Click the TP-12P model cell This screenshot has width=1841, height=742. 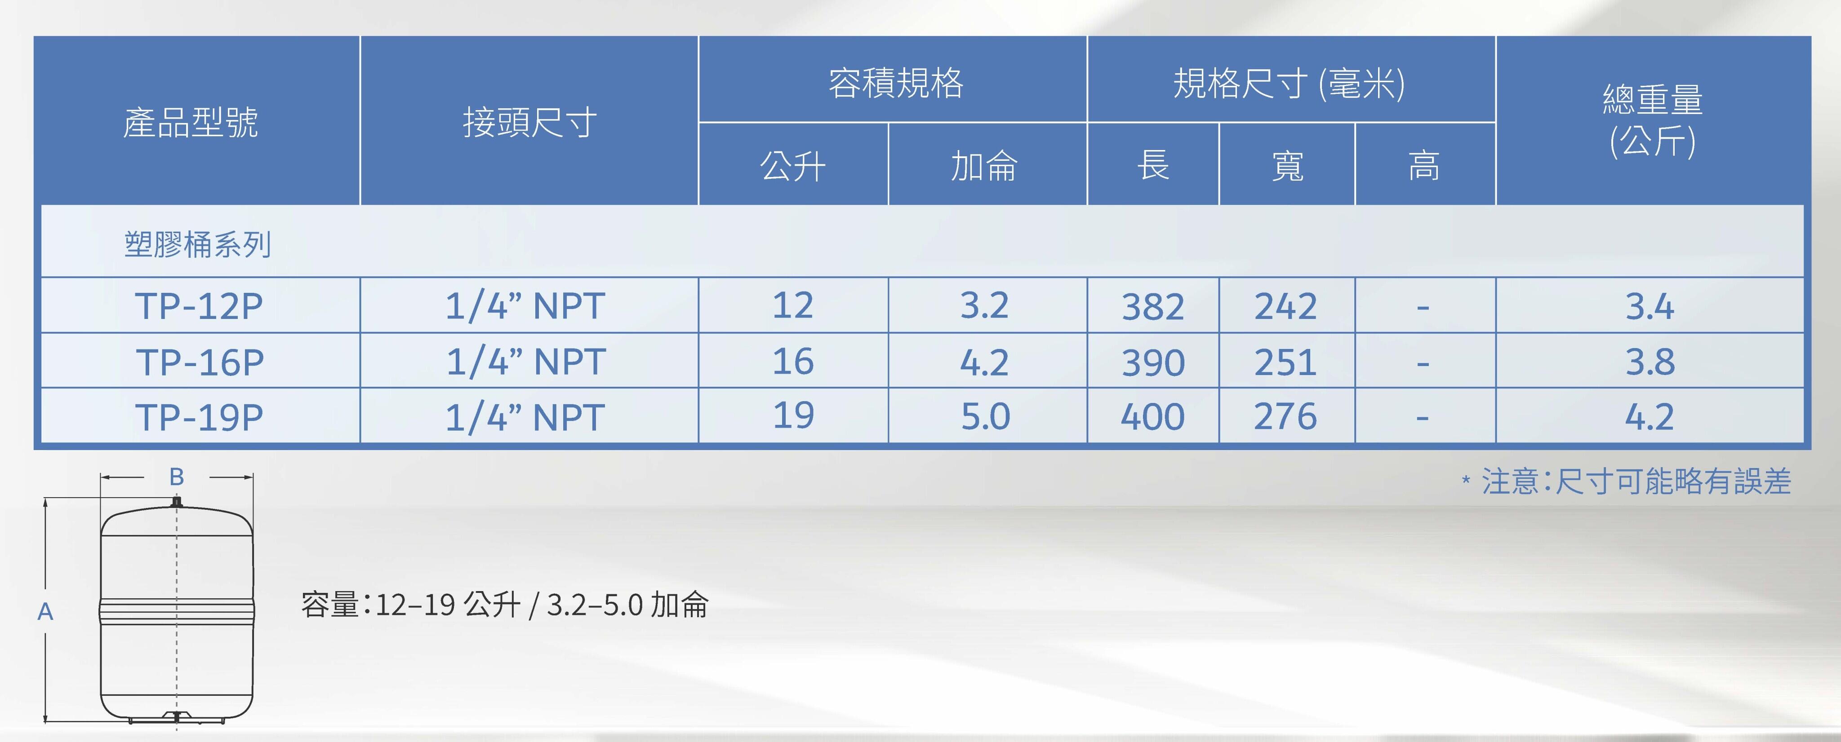(200, 306)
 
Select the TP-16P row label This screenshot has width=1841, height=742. (200, 362)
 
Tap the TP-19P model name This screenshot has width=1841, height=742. (200, 417)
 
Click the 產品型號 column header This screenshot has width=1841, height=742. (191, 122)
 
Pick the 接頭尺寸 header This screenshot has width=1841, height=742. (529, 122)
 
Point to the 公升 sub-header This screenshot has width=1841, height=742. (792, 166)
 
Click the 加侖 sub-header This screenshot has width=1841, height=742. (984, 166)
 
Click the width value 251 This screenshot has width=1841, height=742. (1286, 362)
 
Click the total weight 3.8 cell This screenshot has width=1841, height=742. (1650, 362)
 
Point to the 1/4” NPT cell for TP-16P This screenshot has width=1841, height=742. (526, 362)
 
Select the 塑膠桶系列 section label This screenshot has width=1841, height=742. (197, 244)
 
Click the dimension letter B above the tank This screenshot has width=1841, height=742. (177, 477)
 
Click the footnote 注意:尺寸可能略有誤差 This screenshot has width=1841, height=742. (1636, 481)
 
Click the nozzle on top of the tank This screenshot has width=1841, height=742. (177, 503)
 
